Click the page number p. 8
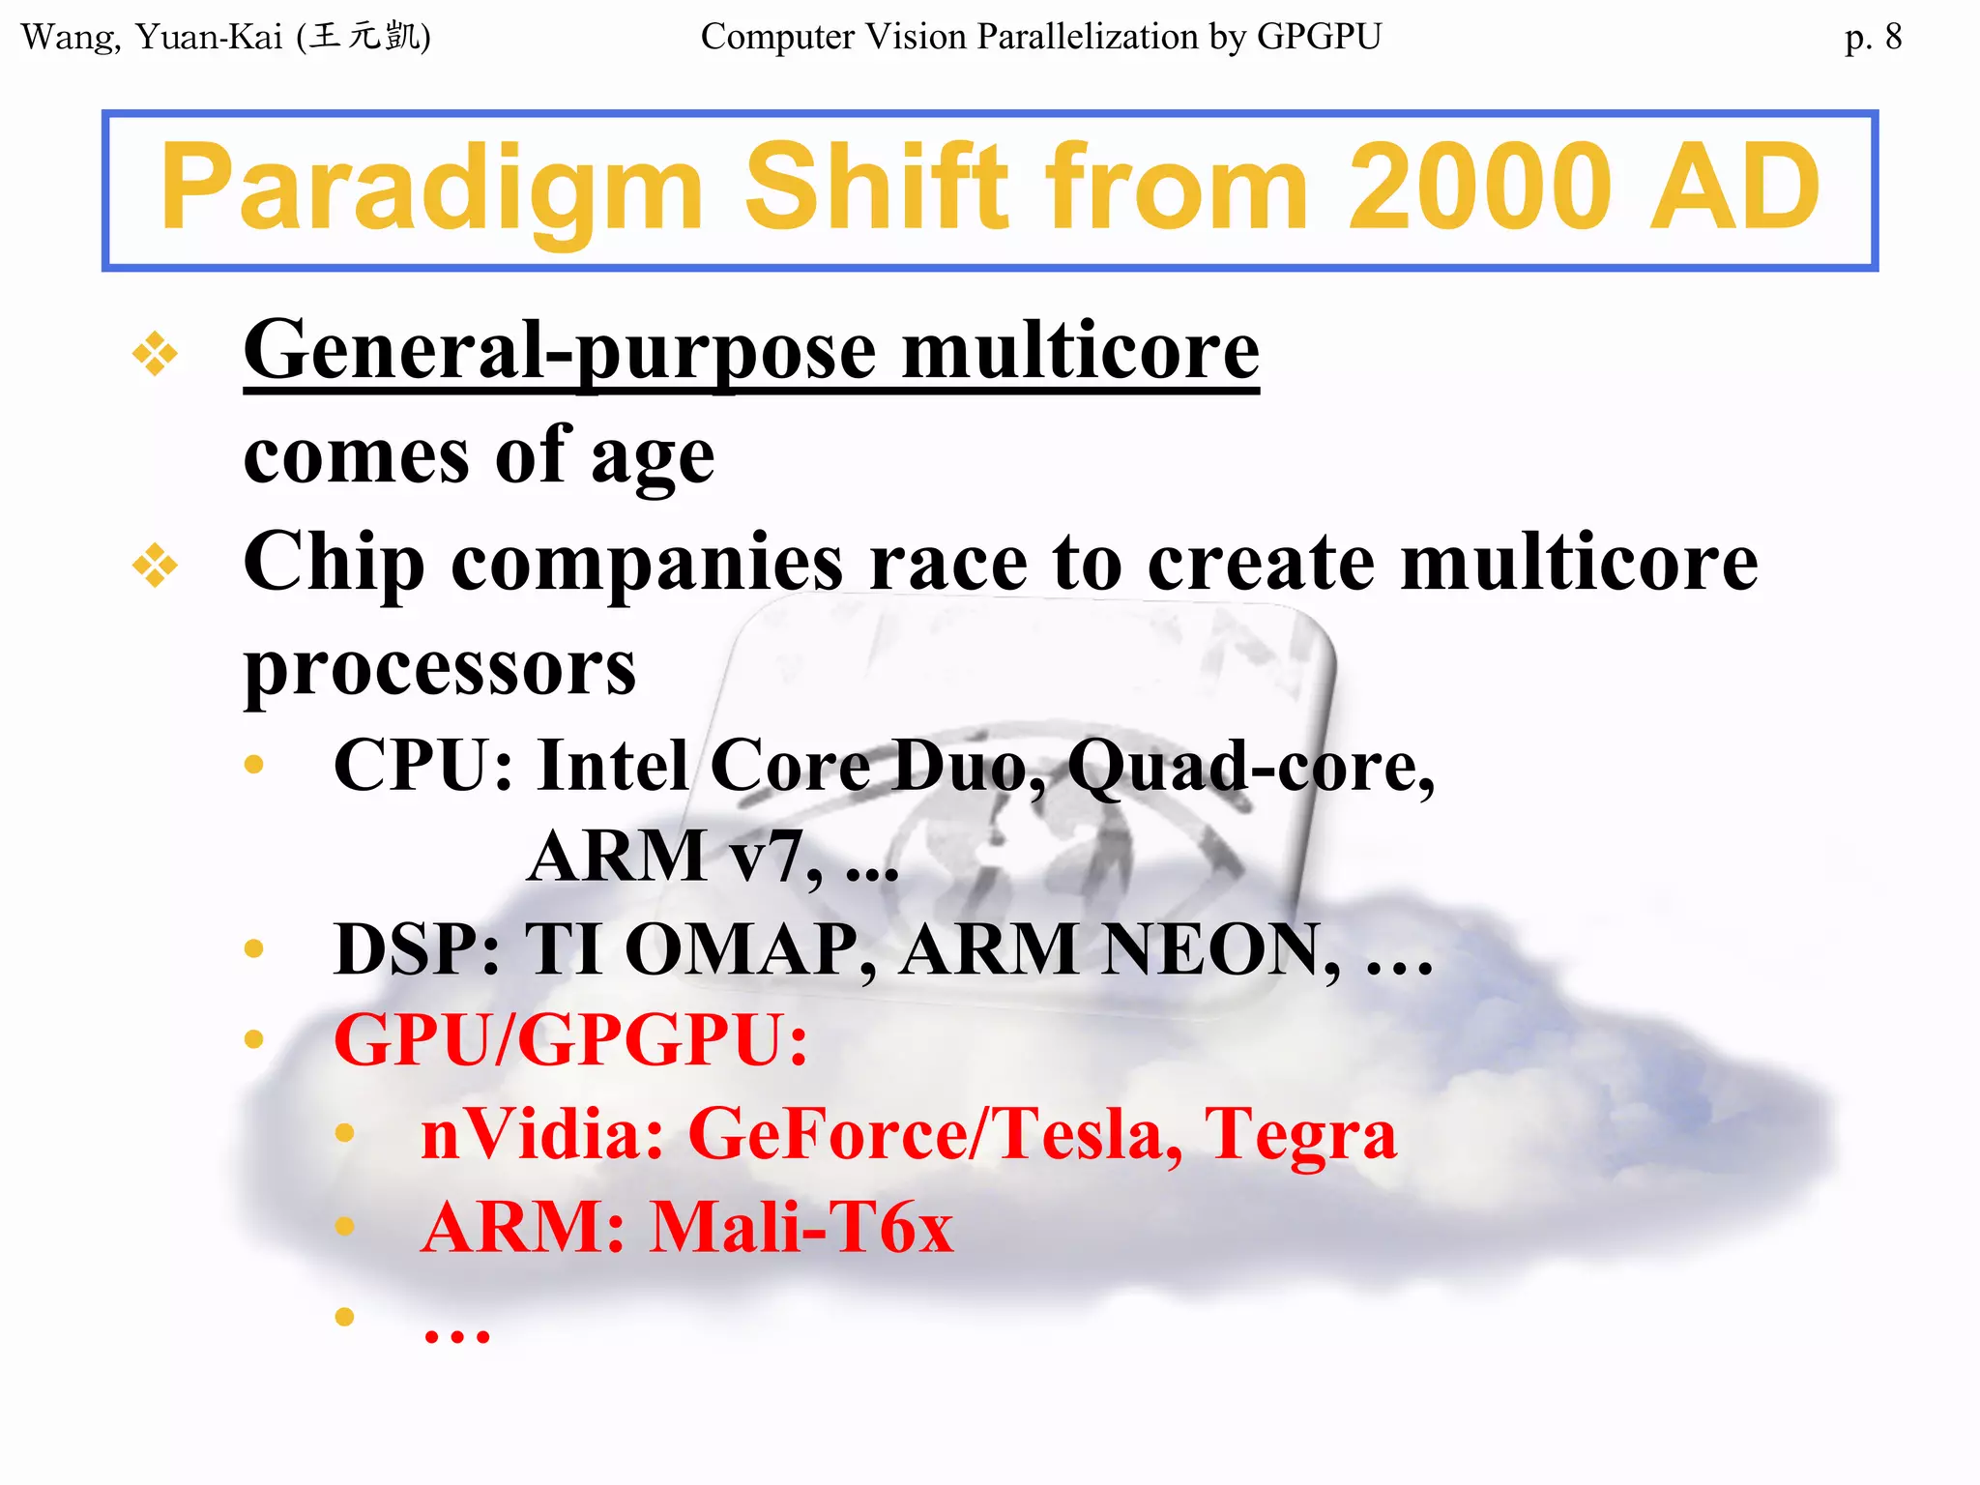point(1872,38)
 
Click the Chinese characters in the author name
point(365,37)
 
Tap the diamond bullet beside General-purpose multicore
point(155,354)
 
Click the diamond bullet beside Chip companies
point(155,566)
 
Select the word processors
point(440,669)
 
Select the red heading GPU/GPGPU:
point(570,1040)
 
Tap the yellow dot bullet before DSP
point(254,948)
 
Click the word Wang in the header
point(70,38)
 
